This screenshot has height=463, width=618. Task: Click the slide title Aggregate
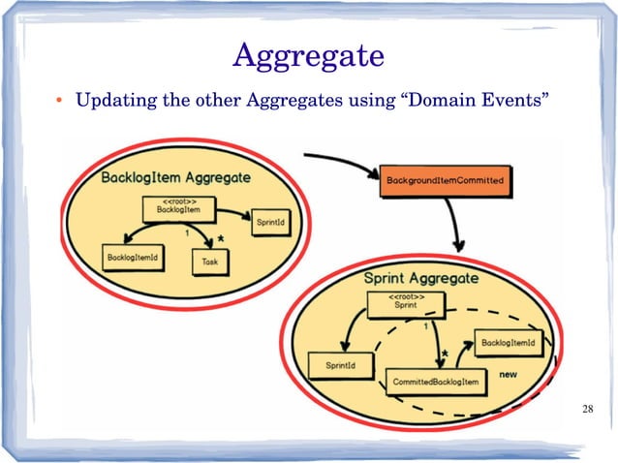click(x=309, y=55)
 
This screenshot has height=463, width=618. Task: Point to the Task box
click(x=208, y=262)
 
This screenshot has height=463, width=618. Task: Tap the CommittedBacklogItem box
click(x=436, y=382)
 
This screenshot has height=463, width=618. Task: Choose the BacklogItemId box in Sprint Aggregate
click(x=509, y=343)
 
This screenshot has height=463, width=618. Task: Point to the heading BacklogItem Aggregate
click(x=175, y=178)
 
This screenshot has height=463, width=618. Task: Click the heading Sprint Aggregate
click(x=420, y=279)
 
